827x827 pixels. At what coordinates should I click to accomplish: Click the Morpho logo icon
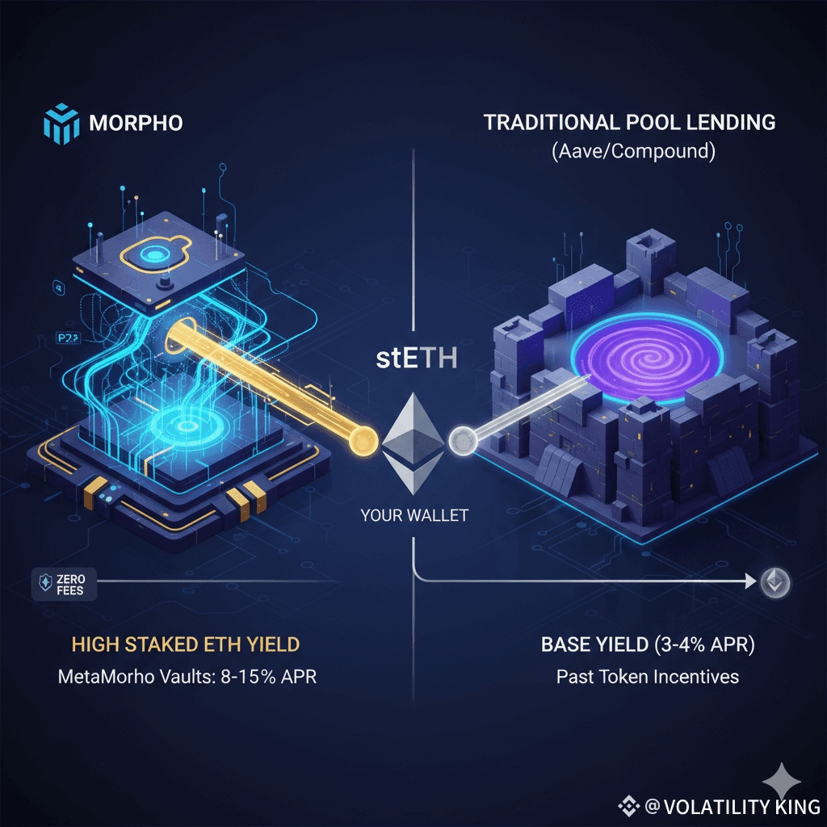point(61,124)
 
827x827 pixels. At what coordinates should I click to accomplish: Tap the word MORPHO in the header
point(136,124)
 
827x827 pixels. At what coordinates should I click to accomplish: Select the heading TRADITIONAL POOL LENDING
point(629,124)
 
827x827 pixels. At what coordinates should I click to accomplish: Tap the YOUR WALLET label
point(414,515)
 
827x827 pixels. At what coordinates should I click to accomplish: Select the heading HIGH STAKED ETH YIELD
point(186,644)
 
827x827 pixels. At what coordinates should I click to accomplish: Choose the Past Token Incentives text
point(647,676)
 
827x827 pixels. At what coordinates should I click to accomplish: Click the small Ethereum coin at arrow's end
point(776,581)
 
